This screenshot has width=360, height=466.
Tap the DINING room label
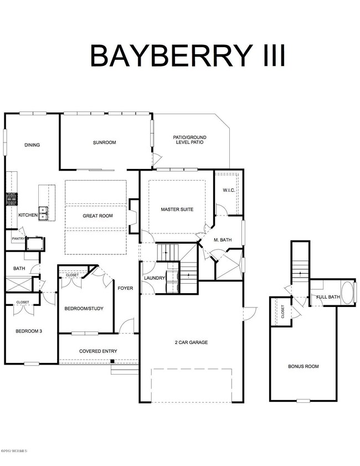coord(32,145)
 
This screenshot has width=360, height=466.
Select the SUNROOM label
coord(104,142)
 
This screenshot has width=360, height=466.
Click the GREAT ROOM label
coord(97,216)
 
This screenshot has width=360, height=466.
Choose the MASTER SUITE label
coord(177,209)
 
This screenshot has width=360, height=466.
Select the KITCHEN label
coord(28,215)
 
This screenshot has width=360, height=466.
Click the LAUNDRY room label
coord(155,278)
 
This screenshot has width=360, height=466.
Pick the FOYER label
coord(125,288)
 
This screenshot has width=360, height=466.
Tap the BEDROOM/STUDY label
coord(84,309)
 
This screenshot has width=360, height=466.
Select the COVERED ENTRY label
coord(97,351)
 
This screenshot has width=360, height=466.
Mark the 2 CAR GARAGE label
coord(191,342)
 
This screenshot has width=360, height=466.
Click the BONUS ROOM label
coord(304,366)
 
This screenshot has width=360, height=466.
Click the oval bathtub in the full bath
coord(347,293)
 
